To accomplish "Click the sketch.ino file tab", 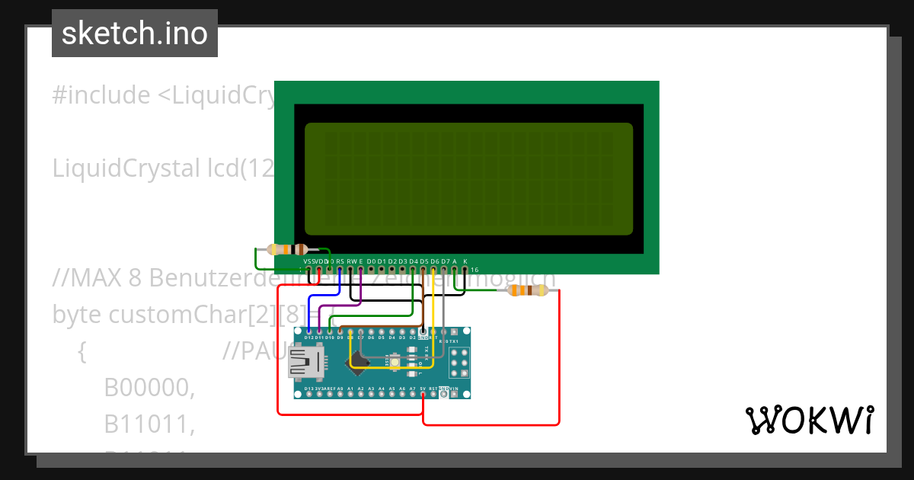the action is coord(134,34).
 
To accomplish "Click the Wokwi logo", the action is coord(809,420).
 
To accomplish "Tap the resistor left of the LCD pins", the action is coord(287,249).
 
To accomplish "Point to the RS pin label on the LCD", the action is coord(340,261).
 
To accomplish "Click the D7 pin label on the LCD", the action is coord(446,261).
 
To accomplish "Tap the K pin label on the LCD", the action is coord(465,261).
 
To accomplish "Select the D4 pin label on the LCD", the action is coord(414,261).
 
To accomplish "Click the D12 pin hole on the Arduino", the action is coord(308,331).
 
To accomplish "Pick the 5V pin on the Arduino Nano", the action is coord(423,394).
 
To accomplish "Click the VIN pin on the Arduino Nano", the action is coord(455,394).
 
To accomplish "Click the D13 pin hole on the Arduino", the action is coord(308,394).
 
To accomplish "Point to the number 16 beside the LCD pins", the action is coord(474,270).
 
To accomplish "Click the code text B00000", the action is coord(149,388).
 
